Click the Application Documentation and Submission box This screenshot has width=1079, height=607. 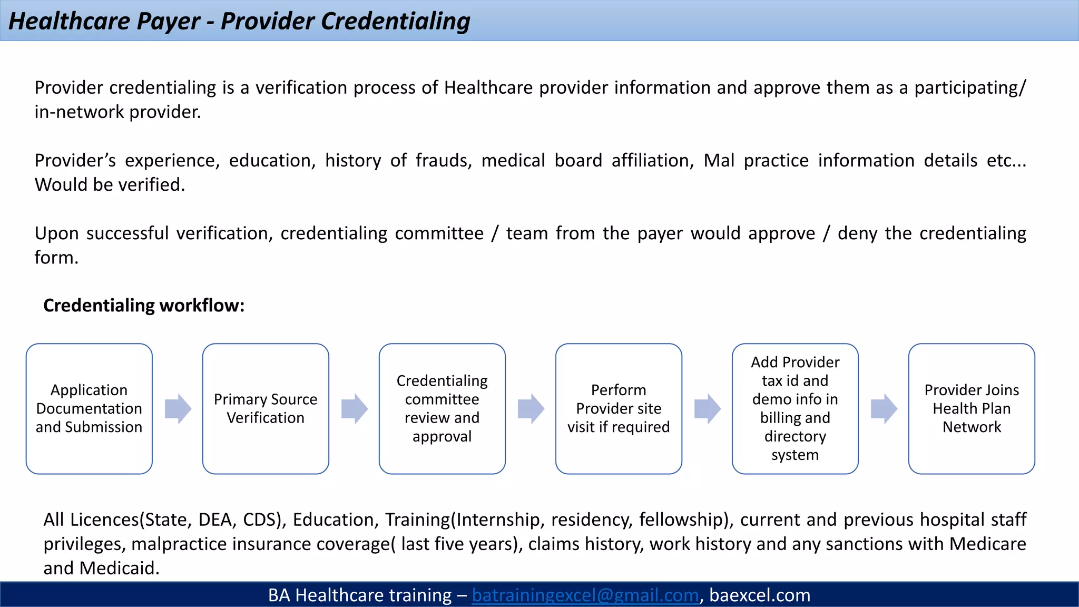click(x=89, y=408)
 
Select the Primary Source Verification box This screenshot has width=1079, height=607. click(x=266, y=408)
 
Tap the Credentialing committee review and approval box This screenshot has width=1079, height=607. click(x=442, y=408)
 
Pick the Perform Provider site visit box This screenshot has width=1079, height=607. click(x=619, y=408)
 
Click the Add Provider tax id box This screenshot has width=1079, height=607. click(x=795, y=408)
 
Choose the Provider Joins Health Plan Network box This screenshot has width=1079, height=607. click(x=972, y=408)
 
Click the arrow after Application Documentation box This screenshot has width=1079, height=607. click(x=178, y=408)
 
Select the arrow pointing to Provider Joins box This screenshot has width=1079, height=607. click(x=884, y=408)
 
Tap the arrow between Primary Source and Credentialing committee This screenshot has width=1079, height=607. click(x=354, y=408)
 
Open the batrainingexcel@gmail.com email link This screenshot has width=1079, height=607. click(x=585, y=595)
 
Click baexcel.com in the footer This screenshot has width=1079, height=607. click(x=759, y=595)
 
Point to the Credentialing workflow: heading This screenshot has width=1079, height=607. click(x=144, y=306)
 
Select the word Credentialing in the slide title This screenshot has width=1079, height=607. click(x=395, y=21)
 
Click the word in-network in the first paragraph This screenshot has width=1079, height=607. click(x=79, y=112)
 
